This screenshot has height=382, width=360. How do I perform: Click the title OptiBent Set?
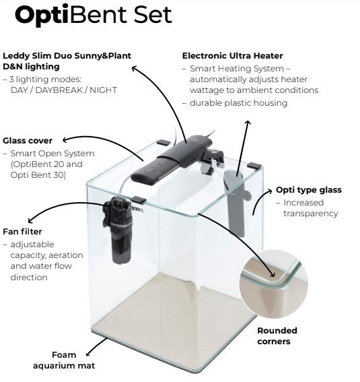[94, 15]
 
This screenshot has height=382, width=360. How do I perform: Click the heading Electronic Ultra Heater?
[233, 56]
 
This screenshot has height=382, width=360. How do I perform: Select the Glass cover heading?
[28, 141]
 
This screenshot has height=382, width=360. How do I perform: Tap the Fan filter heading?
[22, 232]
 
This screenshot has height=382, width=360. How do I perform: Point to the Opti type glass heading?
[309, 190]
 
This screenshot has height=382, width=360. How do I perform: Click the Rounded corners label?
[277, 336]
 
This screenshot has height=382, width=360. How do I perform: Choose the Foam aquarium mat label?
[64, 360]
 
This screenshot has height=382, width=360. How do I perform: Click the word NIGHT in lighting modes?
[103, 90]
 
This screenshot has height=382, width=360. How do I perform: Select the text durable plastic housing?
[238, 103]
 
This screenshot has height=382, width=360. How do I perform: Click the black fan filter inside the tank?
[118, 230]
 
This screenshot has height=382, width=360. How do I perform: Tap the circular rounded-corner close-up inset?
[274, 284]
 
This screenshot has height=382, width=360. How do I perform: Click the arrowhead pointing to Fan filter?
[31, 220]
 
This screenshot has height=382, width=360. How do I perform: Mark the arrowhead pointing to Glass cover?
[65, 140]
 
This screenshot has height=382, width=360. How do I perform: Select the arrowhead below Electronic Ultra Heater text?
[248, 123]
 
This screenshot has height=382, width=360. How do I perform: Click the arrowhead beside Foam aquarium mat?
[89, 354]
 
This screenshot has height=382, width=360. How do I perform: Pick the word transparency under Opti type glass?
[311, 214]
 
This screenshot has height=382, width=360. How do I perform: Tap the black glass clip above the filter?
[138, 200]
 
